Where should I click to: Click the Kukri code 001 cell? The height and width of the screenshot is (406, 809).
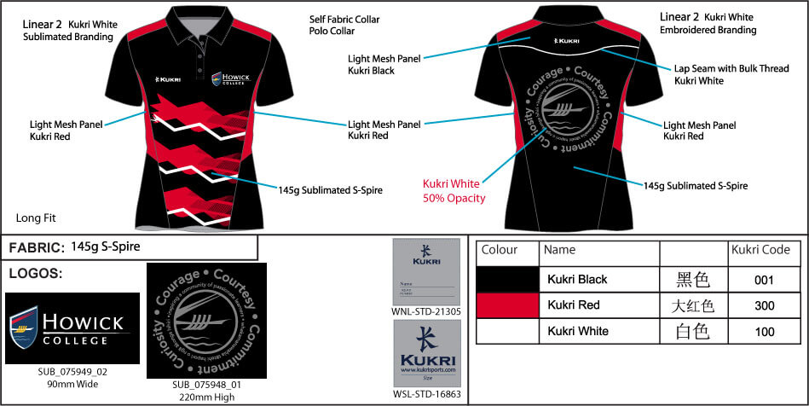[x=764, y=279]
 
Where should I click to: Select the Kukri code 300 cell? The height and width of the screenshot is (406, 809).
[x=764, y=304]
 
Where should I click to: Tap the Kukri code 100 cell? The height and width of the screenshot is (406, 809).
[x=764, y=331]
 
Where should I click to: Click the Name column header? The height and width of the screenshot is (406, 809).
[x=559, y=251]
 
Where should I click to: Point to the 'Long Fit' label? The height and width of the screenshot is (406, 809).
[x=36, y=217]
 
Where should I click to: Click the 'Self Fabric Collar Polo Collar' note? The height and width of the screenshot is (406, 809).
[x=344, y=26]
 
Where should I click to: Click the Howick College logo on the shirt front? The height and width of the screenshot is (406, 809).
[x=228, y=78]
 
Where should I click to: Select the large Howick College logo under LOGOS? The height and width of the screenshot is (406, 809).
[x=72, y=328]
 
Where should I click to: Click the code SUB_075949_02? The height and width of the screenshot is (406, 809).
[x=72, y=372]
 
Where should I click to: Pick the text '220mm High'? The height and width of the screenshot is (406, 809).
[x=206, y=397]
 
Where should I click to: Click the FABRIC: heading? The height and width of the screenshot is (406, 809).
[x=36, y=248]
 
